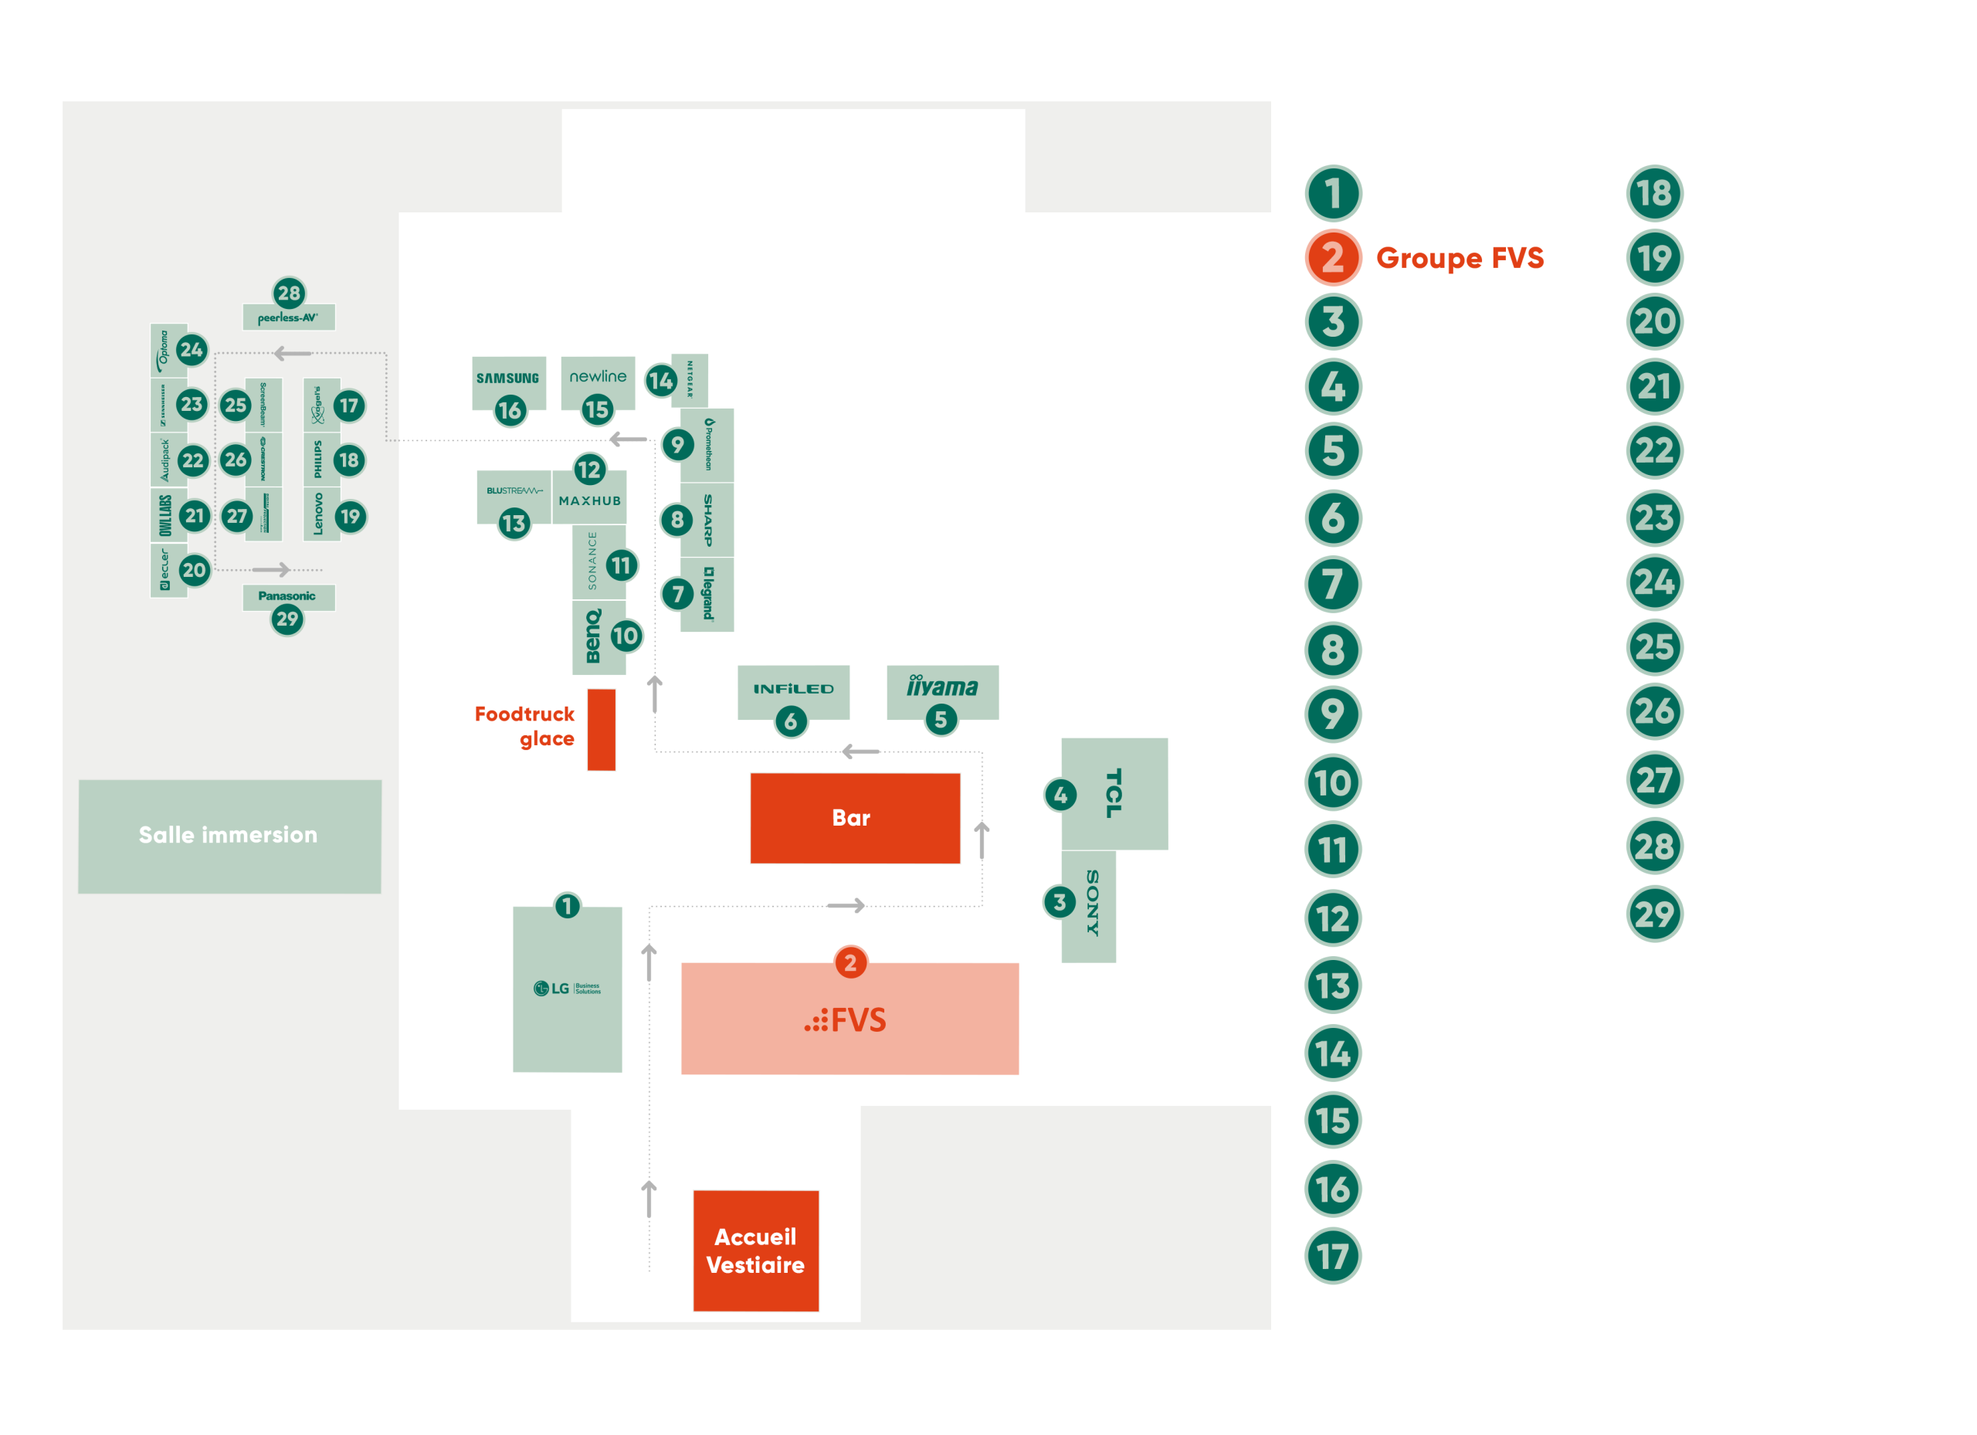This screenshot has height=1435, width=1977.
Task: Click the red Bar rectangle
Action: (854, 818)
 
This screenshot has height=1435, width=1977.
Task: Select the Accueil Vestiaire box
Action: (756, 1250)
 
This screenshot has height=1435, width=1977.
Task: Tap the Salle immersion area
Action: (229, 835)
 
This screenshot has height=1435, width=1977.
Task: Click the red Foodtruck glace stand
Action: (601, 730)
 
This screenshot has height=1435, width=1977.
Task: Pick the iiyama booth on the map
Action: (942, 688)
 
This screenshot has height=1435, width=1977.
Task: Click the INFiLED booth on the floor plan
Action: (793, 688)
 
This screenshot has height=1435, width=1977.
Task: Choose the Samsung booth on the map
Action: (508, 378)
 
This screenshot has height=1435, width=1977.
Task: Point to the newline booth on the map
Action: (598, 377)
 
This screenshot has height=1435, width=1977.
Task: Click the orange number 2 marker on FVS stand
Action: (851, 962)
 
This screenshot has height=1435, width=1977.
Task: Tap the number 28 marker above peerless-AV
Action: (289, 293)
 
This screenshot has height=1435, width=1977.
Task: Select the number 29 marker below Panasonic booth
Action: (287, 619)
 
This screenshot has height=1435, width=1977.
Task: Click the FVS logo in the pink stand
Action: (846, 1020)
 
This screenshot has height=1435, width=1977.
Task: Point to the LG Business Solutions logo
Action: (568, 988)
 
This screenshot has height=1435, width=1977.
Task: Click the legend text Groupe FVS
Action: (1460, 258)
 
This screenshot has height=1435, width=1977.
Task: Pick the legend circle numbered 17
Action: (1333, 1257)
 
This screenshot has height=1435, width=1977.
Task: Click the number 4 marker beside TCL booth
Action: (1060, 794)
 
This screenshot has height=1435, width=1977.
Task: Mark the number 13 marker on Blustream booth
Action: (514, 523)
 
